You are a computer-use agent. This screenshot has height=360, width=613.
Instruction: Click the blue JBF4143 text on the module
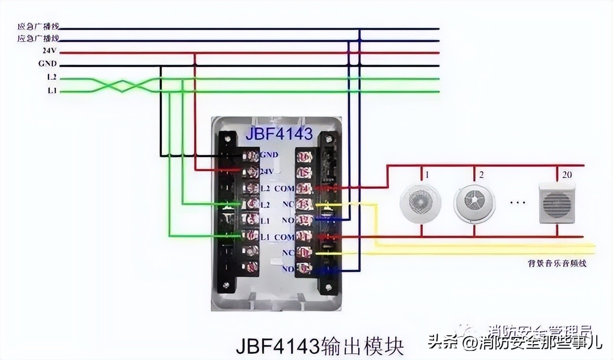pos(279,134)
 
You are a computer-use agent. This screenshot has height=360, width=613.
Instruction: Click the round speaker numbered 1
pos(420,204)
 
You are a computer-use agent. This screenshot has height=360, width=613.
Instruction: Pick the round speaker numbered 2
pos(474,204)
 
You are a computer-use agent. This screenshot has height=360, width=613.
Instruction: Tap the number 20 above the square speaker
pos(567,175)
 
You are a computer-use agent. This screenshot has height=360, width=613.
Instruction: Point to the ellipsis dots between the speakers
pos(517,202)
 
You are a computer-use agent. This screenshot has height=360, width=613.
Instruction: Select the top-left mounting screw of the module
pos(228,139)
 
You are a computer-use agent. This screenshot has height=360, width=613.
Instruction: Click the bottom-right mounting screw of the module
pos(329,287)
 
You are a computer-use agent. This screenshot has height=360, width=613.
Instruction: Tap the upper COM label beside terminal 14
pos(284,189)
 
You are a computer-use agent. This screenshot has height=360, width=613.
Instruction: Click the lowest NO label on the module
pos(288,269)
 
